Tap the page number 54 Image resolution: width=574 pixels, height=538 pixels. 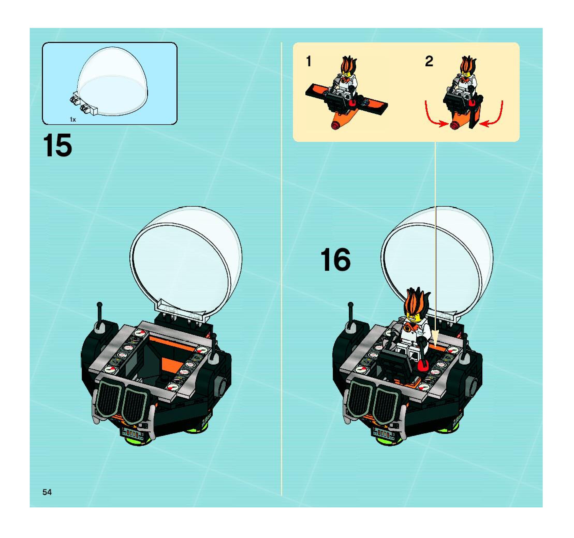47,492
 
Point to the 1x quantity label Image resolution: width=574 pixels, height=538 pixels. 73,120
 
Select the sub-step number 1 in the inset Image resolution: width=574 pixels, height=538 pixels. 309,62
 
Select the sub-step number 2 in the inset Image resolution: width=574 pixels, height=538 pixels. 429,62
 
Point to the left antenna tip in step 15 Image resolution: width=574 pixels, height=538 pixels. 99,304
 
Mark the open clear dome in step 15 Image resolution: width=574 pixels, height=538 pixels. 186,261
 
